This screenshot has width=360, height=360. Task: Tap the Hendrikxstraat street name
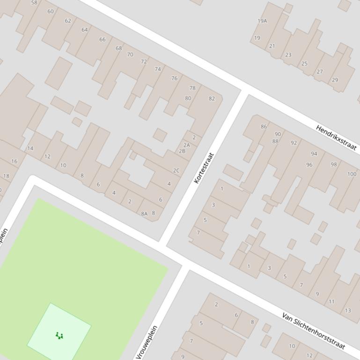336,137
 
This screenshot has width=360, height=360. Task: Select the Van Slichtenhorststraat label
314,331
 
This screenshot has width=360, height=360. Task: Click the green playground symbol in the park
59,335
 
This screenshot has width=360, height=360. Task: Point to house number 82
212,99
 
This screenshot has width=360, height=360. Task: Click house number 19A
262,21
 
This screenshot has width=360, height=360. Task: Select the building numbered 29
335,80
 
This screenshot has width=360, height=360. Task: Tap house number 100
352,174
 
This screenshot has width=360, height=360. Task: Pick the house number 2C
176,171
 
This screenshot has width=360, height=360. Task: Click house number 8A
144,214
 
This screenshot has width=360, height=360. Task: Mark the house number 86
264,126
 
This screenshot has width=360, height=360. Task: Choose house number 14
30,148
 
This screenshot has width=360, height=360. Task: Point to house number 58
34,3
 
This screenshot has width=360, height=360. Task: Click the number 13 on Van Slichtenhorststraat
347,310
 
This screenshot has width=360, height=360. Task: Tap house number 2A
187,145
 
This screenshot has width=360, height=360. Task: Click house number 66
102,39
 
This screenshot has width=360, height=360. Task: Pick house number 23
288,55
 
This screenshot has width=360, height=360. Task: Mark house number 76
174,78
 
